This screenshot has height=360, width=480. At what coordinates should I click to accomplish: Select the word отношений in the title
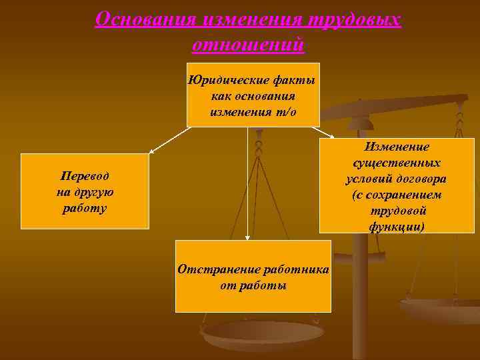tap(248, 44)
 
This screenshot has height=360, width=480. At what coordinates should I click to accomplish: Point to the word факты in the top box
tap(294, 81)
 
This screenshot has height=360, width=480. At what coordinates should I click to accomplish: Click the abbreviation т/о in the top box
tap(287, 111)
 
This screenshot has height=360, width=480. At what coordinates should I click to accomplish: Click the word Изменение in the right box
tap(396, 147)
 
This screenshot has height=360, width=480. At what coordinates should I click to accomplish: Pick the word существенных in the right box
tap(396, 163)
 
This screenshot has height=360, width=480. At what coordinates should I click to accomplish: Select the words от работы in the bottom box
tap(253, 285)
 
